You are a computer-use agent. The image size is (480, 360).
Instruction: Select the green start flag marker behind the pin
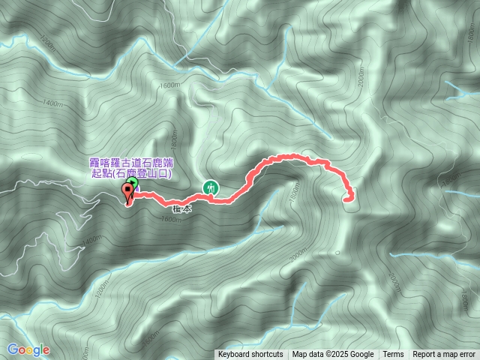(x=133, y=181)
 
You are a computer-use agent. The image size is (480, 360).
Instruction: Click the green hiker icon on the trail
(x=211, y=187)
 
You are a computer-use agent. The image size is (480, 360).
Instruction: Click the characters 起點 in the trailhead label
(x=100, y=173)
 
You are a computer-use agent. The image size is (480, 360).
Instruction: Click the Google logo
(x=28, y=349)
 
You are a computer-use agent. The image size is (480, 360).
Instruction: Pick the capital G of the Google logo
(x=13, y=349)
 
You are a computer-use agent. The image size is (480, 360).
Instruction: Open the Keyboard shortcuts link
(x=250, y=355)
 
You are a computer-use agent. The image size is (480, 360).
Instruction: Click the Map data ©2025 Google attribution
(x=333, y=355)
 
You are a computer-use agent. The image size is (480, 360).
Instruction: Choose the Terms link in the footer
(x=393, y=355)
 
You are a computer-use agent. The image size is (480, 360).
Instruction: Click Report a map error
(x=444, y=355)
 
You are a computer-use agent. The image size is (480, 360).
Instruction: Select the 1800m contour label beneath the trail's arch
(x=293, y=192)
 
